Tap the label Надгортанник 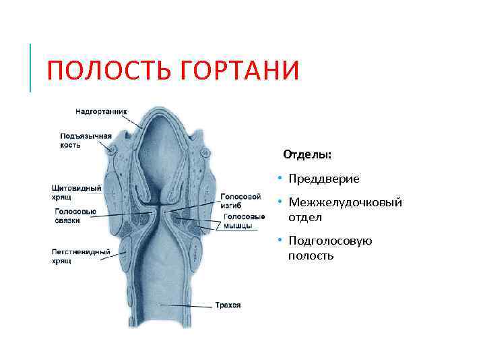(102, 111)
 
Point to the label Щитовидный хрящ (76, 192)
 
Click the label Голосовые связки (75, 216)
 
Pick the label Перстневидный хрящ (81, 256)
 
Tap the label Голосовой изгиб (240, 200)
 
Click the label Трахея (228, 305)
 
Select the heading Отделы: (307, 154)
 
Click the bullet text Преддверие (324, 179)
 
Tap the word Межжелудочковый (345, 202)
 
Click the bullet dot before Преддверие (278, 179)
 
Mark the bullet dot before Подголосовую (278, 241)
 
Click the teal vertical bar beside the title (30, 67)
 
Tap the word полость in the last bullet (311, 256)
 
